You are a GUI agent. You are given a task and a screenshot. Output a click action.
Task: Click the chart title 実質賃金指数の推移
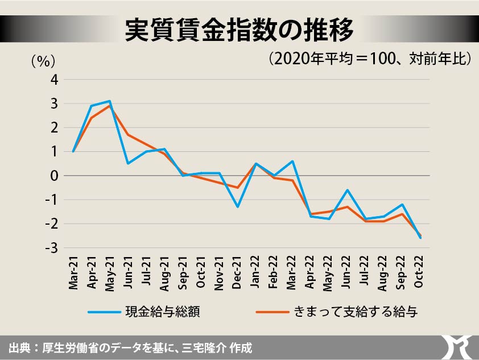239,29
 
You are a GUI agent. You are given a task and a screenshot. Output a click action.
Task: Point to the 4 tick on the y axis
55,80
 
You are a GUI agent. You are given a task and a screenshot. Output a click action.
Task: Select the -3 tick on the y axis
52,248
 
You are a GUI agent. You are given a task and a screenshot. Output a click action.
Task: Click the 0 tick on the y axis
55,176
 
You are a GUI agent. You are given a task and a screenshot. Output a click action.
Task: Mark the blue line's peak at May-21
110,101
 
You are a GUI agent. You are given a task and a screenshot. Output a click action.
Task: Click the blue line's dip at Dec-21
238,206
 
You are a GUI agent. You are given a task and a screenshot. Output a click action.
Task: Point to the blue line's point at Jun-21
128,163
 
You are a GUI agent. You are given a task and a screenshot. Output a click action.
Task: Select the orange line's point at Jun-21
128,135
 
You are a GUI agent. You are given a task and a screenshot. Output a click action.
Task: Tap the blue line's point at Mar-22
292,161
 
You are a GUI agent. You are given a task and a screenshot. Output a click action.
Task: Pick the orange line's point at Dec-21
238,188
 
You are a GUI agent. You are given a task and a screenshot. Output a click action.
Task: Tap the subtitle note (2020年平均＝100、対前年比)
370,59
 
